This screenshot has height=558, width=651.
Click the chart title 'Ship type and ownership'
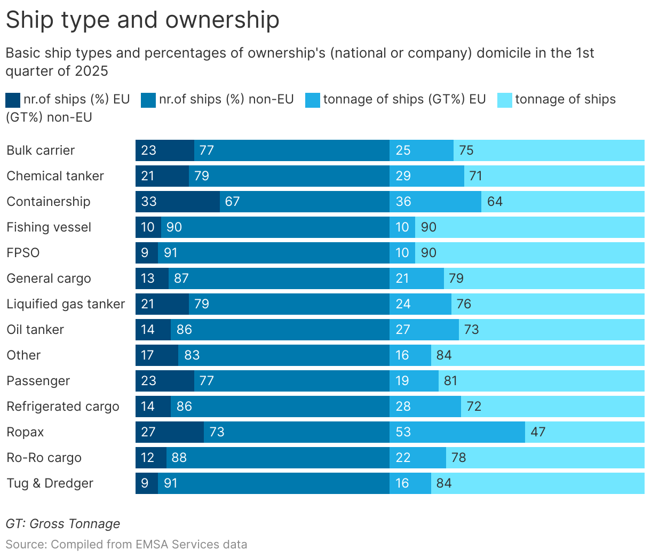142,20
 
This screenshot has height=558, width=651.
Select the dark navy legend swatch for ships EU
13,100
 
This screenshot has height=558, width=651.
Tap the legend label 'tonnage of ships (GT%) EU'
404,99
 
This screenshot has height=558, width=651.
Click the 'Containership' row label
49,202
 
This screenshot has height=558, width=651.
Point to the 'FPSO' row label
23,253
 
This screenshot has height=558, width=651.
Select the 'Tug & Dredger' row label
50,483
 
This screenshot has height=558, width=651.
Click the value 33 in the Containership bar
149,202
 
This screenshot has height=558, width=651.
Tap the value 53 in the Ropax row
403,432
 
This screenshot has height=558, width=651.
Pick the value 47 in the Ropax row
538,432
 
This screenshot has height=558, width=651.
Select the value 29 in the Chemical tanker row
403,176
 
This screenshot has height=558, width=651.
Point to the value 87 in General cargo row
181,278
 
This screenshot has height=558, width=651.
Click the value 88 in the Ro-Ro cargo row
179,458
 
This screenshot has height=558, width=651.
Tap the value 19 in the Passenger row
402,381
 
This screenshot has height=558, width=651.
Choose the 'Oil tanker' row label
35,330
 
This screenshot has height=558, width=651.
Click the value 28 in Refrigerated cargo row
403,406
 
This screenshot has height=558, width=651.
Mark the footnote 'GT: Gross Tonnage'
63,524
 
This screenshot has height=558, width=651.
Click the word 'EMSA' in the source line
153,545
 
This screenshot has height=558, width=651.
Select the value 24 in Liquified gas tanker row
403,304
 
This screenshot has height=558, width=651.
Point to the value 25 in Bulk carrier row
403,150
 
